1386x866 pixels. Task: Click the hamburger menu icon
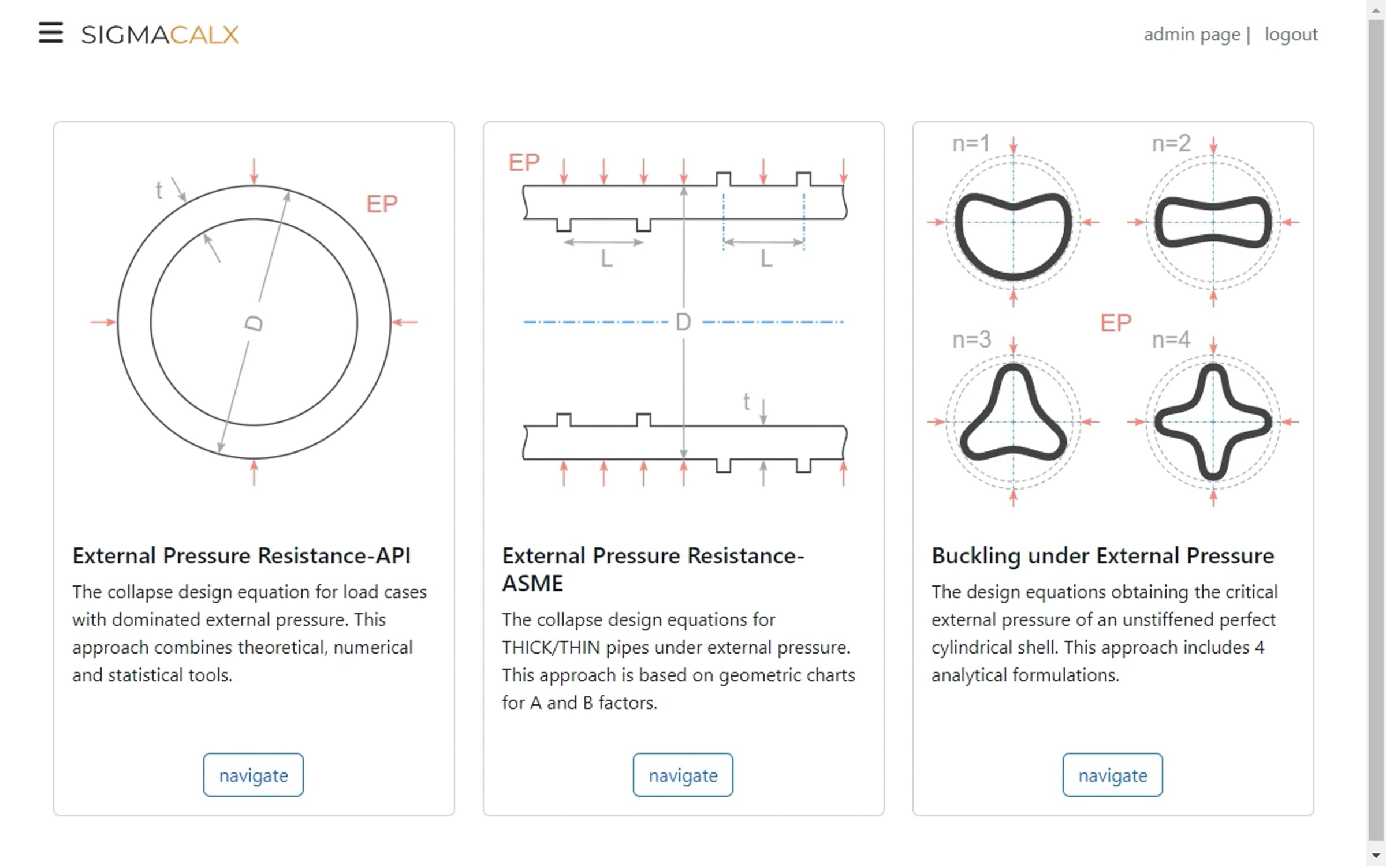click(x=51, y=32)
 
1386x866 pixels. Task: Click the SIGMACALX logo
click(x=160, y=35)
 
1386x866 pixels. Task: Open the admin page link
click(x=1192, y=35)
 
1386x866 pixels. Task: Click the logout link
click(x=1291, y=35)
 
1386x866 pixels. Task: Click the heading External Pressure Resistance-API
click(x=241, y=555)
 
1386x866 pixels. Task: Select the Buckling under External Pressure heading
click(x=1102, y=555)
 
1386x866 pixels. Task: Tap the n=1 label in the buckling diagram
click(x=971, y=143)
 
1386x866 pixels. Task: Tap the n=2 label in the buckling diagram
click(x=1171, y=143)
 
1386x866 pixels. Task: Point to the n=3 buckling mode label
click(x=971, y=339)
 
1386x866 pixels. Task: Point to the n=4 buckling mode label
click(x=1171, y=339)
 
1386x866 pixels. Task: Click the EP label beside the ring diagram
click(x=382, y=204)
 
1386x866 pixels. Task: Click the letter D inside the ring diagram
click(x=254, y=323)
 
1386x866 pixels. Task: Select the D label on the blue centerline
click(x=683, y=322)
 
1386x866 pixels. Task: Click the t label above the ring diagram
click(x=159, y=190)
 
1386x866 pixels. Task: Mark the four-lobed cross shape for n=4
click(x=1213, y=422)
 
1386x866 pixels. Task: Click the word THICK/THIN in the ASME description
click(x=551, y=648)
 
